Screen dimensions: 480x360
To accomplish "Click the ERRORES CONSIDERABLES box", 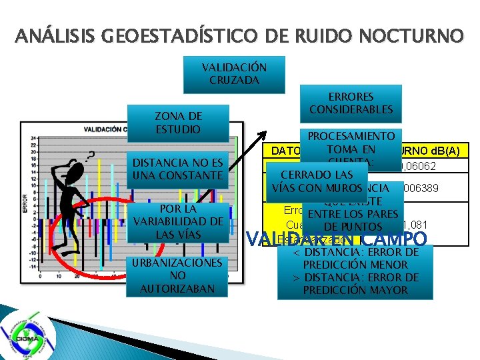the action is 351,103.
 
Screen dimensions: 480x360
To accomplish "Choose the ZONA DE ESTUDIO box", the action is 178,122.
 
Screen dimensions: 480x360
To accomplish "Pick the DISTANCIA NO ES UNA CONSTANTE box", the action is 178,169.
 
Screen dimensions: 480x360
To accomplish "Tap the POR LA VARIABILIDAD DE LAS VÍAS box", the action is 178,221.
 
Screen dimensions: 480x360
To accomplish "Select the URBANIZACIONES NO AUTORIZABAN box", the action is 178,275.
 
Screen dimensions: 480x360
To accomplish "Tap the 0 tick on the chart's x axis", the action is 41,275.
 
